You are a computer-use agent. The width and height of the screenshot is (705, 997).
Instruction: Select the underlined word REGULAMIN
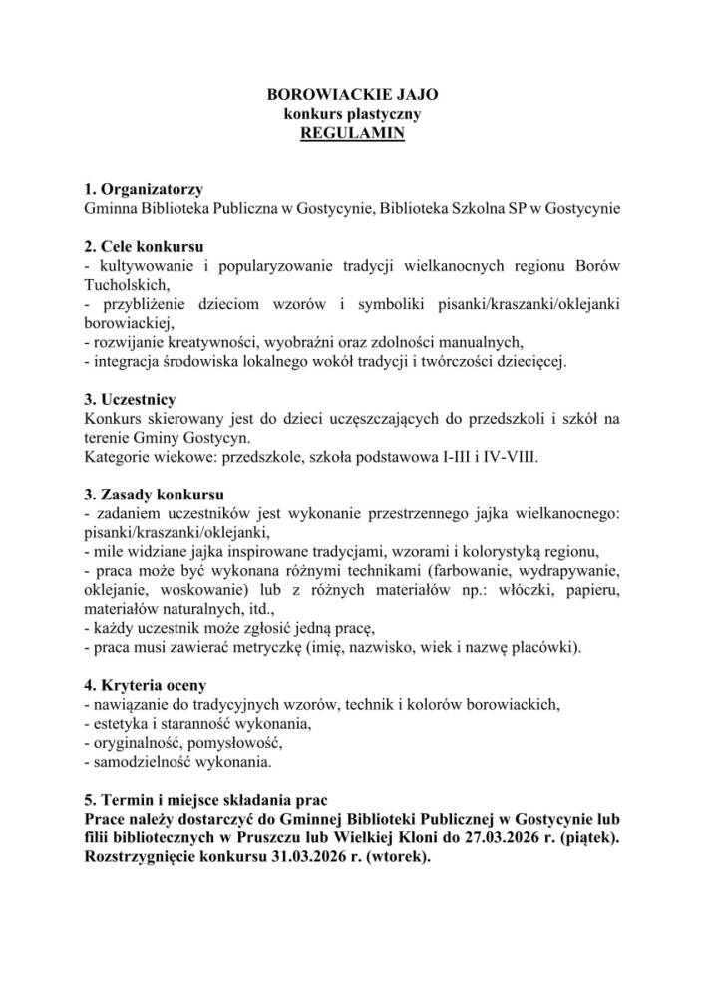point(353,133)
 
